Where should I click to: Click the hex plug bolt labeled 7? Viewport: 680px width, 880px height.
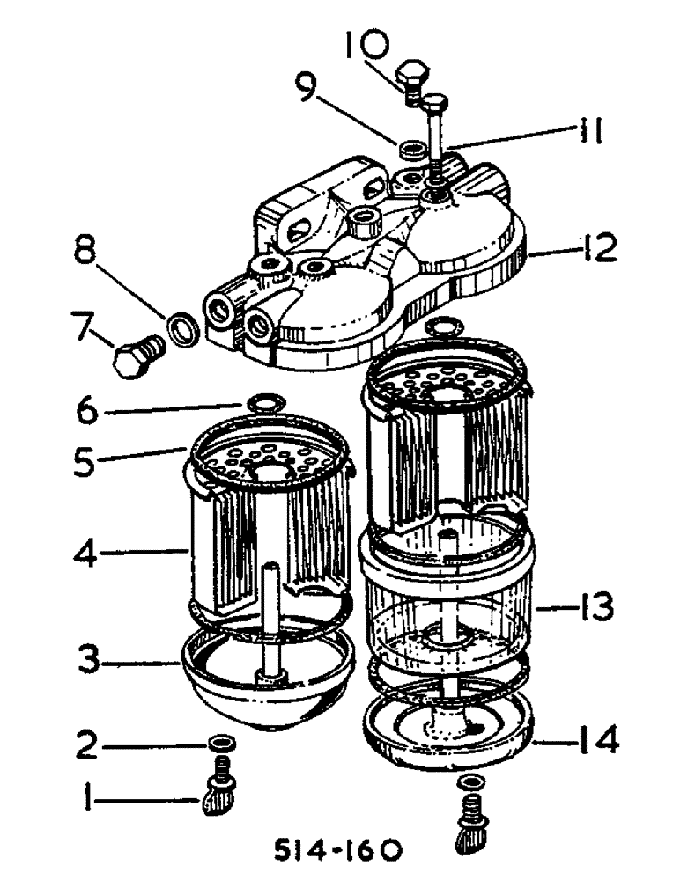[135, 353]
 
